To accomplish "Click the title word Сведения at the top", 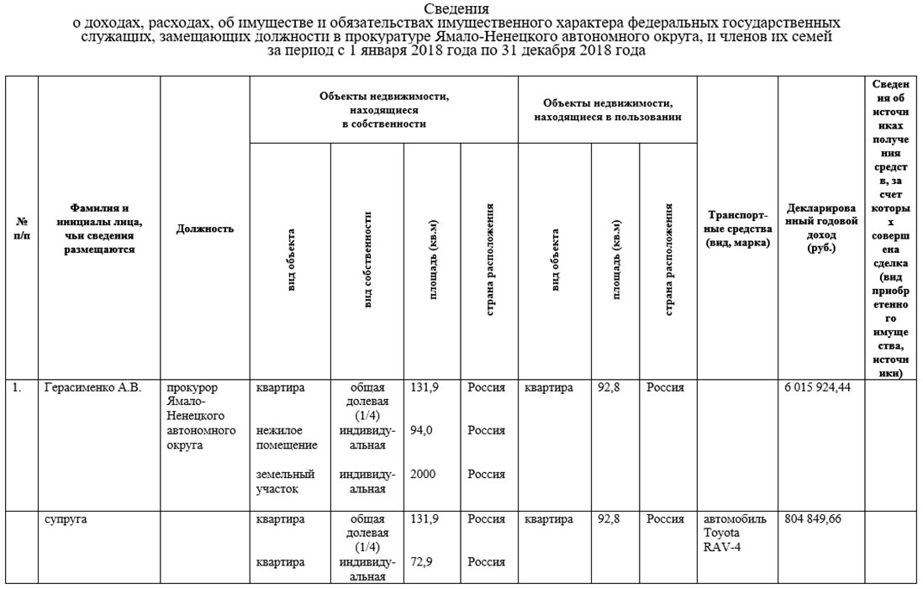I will [x=460, y=8].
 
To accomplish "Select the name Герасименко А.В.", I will [x=92, y=388].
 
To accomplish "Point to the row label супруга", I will [x=66, y=519].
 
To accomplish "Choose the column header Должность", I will [x=205, y=229].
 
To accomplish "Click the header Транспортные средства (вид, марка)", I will [x=737, y=229].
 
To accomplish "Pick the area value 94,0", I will [x=422, y=431].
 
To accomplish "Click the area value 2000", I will [x=423, y=475].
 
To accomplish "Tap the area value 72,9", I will [x=422, y=561].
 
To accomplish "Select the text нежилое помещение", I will [x=287, y=438].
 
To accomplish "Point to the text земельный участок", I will [x=285, y=481].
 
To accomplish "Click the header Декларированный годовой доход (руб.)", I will [x=820, y=229].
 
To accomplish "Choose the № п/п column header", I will [x=22, y=229].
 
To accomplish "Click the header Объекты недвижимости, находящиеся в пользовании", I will [x=608, y=109].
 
